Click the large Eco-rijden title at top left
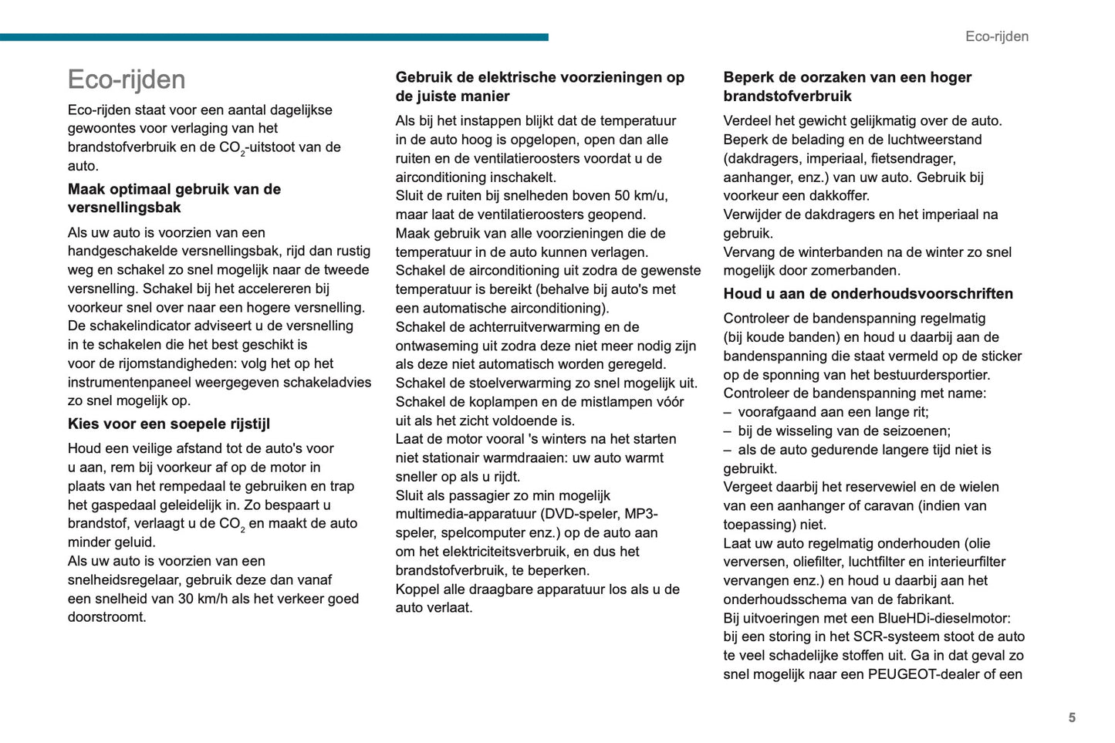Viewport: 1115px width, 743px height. pos(127,79)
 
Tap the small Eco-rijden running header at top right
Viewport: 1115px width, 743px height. pos(996,36)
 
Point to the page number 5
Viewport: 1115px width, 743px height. pos(1071,718)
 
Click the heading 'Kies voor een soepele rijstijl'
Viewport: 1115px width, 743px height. pos(168,424)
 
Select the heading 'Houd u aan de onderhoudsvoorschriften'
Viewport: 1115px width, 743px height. pos(867,293)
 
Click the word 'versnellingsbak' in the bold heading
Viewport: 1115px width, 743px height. pos(124,208)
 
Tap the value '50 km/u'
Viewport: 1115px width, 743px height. pos(642,196)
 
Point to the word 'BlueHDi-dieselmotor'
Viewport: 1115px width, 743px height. pos(944,618)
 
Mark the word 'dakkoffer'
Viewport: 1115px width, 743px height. pos(839,196)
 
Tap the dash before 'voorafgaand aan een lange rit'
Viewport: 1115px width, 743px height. pos(727,412)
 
